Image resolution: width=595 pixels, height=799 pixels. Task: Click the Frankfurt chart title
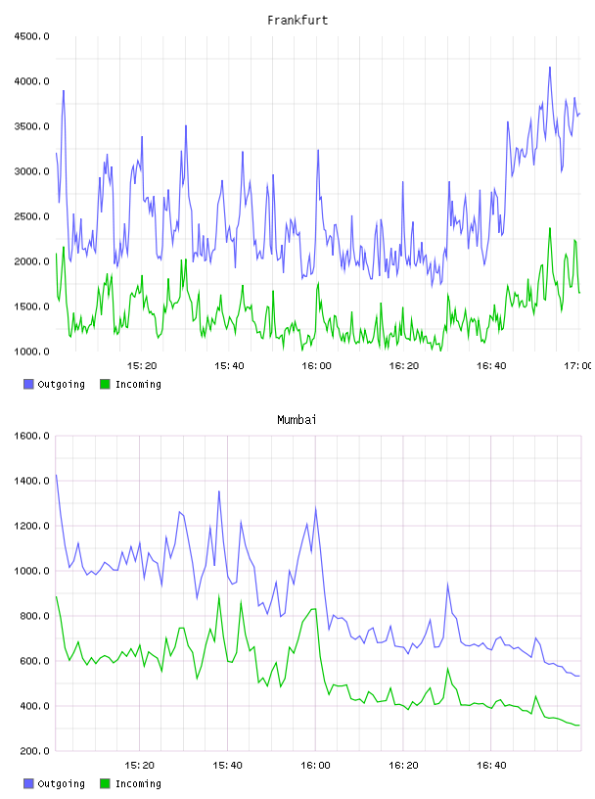[297, 21]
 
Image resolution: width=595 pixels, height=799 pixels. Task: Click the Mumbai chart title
[297, 420]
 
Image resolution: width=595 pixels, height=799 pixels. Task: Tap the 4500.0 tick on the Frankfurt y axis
[31, 36]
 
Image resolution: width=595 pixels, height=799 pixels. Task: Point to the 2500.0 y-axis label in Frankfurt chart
[31, 216]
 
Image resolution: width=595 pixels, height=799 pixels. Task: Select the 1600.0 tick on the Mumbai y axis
[31, 436]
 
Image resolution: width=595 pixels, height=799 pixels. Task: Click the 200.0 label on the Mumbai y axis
[34, 751]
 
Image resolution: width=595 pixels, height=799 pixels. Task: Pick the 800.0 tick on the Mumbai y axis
[34, 616]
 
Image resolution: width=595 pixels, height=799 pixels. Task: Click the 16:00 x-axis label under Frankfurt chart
[316, 366]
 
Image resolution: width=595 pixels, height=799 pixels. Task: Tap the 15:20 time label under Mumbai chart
[139, 766]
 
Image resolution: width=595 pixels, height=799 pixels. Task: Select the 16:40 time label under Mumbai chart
[491, 766]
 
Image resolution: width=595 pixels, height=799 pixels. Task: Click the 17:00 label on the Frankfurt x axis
[578, 366]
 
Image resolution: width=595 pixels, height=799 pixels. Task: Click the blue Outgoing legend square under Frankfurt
[28, 384]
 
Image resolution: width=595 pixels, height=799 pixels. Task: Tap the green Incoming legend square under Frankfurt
[105, 384]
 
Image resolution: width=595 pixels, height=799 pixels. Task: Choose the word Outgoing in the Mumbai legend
[61, 783]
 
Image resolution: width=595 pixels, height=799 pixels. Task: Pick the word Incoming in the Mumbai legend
[138, 783]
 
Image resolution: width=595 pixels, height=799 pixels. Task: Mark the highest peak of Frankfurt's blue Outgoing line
[550, 67]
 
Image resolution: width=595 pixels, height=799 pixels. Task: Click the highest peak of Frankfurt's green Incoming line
[550, 228]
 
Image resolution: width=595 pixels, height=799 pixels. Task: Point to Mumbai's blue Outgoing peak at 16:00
[315, 507]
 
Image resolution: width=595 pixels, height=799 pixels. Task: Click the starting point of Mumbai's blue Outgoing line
[56, 475]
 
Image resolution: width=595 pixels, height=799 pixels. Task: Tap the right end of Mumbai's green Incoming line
[579, 725]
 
